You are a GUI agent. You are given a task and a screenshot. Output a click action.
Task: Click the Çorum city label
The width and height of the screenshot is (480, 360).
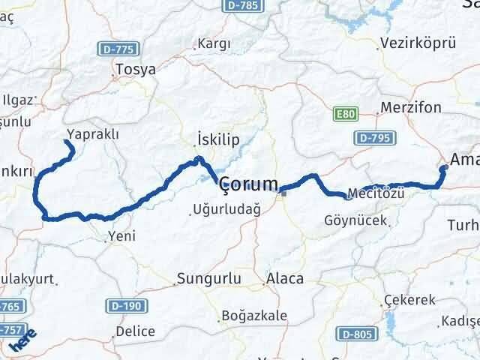248,184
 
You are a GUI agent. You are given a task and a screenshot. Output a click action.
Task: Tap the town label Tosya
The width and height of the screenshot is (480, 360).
136,70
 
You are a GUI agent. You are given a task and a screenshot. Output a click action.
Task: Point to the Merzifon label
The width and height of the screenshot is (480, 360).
411,107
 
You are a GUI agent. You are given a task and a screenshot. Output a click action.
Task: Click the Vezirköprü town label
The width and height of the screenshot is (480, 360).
418,43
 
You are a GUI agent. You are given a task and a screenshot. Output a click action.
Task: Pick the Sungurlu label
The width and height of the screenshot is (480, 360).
205,279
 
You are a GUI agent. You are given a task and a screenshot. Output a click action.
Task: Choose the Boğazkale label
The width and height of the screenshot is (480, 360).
255,316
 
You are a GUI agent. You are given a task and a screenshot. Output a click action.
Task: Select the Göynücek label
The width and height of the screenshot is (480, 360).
355,220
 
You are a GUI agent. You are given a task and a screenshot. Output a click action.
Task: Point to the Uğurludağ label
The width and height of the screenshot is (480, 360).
226,211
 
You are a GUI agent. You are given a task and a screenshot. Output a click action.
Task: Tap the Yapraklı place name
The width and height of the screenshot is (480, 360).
93,133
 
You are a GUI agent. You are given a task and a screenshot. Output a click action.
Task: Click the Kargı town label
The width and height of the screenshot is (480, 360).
214,44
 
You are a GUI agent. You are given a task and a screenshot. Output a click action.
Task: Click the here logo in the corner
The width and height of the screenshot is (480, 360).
22,339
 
